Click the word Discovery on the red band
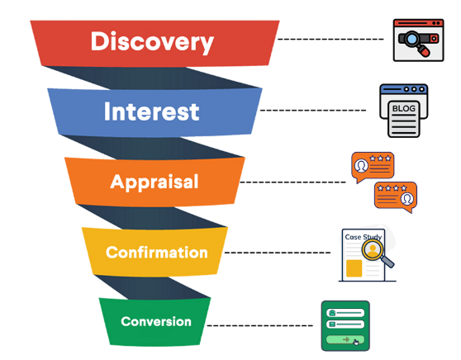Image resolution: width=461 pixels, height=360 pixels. click(152, 41)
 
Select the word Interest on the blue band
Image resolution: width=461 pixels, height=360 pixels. click(151, 111)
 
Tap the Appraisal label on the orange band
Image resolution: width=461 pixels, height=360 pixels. click(154, 182)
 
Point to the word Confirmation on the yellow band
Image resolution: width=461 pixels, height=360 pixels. click(157, 252)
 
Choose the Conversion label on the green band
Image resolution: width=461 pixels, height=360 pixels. click(156, 321)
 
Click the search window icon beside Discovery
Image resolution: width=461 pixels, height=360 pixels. click(413, 39)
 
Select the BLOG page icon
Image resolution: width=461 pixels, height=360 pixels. click(403, 110)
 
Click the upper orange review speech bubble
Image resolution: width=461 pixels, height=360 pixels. click(372, 164)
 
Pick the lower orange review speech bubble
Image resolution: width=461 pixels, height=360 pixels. click(395, 196)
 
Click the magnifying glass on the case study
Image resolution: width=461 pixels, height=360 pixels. click(376, 252)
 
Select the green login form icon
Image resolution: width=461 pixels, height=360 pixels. click(345, 325)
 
